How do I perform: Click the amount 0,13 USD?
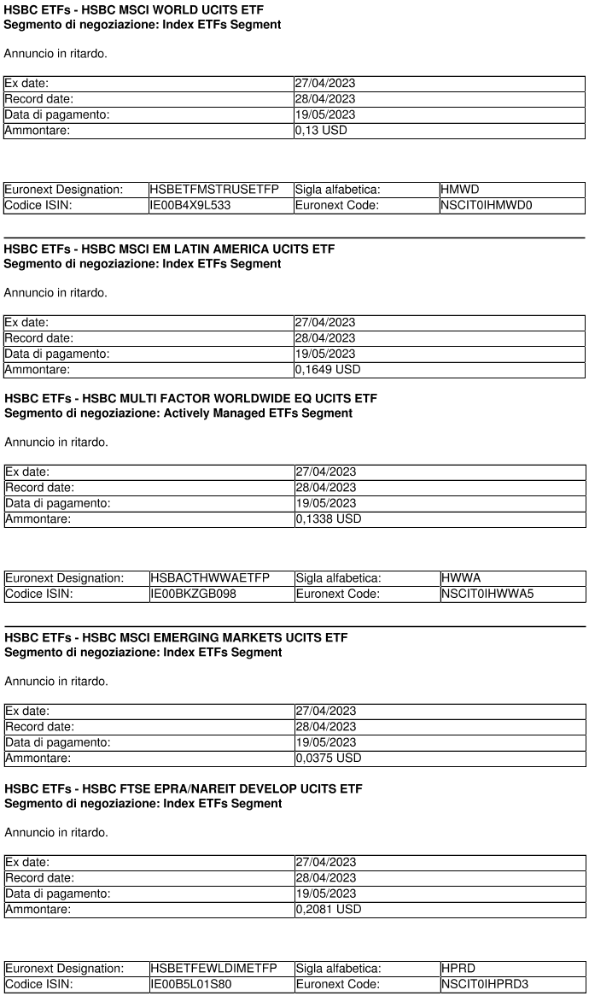pyautogui.click(x=321, y=131)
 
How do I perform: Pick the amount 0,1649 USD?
pyautogui.click(x=328, y=370)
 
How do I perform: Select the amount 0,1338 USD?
pyautogui.click(x=328, y=519)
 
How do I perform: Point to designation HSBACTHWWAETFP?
pyautogui.click(x=210, y=578)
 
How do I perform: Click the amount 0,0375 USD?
pyautogui.click(x=328, y=758)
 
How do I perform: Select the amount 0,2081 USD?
pyautogui.click(x=328, y=909)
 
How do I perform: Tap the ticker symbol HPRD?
pyautogui.click(x=459, y=968)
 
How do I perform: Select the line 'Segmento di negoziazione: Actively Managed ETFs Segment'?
pyautogui.click(x=178, y=413)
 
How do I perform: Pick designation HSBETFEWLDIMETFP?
pyautogui.click(x=208, y=968)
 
